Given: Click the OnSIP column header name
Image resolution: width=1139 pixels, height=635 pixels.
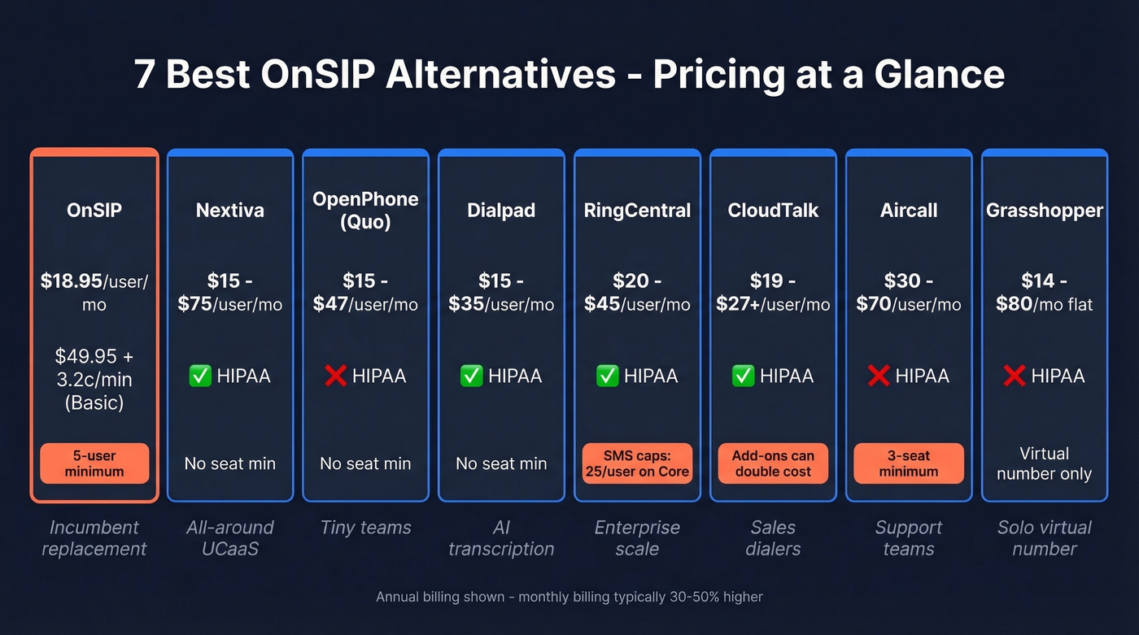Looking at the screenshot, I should tap(94, 211).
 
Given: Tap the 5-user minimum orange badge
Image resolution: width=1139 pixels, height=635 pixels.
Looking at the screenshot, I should tap(94, 463).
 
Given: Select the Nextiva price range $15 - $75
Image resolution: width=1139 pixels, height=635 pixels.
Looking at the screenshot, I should tap(230, 293).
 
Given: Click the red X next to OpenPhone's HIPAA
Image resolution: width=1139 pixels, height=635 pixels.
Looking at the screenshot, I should tap(335, 376).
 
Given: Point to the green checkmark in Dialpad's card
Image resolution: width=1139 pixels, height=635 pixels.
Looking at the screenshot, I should tap(471, 376).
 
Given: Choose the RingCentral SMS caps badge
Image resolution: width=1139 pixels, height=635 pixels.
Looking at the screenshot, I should tap(637, 463).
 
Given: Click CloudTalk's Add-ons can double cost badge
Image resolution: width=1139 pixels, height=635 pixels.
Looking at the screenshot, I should tap(773, 463).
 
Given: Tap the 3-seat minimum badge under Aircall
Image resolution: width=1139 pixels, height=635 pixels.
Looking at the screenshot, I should tap(909, 463).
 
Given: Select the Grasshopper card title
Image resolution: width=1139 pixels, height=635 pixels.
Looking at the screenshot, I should tap(1045, 211).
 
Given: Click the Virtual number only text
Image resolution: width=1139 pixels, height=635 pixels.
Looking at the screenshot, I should tap(1045, 463).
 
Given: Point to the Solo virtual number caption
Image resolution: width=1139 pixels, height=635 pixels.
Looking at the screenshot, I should tap(1045, 537).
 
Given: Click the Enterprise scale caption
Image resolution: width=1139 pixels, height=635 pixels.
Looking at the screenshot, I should tap(637, 537).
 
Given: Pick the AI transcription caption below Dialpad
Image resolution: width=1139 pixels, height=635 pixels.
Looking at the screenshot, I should tap(501, 537).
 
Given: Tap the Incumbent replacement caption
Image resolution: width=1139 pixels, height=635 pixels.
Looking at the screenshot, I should tap(94, 537).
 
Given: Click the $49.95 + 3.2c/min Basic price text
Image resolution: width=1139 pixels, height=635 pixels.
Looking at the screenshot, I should tap(94, 379).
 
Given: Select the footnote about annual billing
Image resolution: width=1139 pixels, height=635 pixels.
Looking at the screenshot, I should tap(569, 597).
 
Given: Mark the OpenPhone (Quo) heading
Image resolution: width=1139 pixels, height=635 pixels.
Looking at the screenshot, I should tap(365, 211).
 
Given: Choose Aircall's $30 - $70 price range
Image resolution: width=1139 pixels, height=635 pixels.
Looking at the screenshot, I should tap(909, 293).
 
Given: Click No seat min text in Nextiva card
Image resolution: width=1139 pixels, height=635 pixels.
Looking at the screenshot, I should tap(230, 463).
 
